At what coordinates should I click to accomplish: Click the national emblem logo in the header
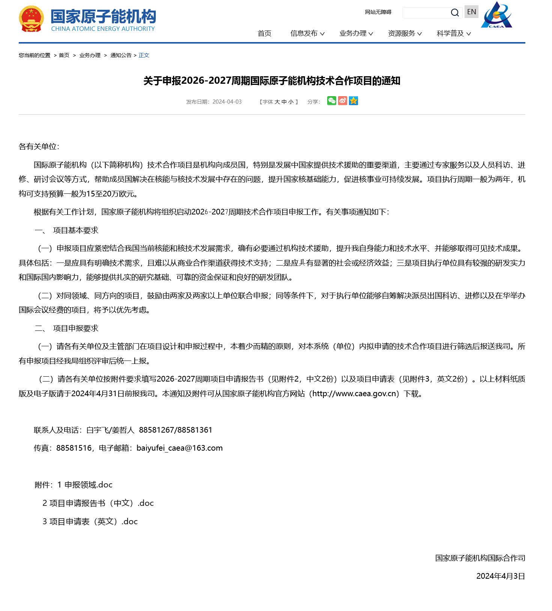point(31,19)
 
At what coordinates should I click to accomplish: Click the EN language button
point(471,12)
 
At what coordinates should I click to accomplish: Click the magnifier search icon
point(455,13)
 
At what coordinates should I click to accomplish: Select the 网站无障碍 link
point(378,12)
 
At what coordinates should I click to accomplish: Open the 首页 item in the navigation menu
point(264,33)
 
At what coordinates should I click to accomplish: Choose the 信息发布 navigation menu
point(307,33)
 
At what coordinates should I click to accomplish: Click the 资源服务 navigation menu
point(405,33)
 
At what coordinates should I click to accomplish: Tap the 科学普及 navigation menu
point(453,33)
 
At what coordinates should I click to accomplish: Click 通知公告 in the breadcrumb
point(121,55)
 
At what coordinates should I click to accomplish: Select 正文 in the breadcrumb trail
point(144,55)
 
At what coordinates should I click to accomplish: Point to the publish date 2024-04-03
point(227,102)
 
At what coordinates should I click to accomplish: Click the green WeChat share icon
point(331,101)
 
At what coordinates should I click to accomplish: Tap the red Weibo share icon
point(342,101)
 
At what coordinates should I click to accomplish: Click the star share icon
point(353,101)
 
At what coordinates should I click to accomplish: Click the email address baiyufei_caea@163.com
point(179,448)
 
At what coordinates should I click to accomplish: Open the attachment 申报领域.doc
point(88,485)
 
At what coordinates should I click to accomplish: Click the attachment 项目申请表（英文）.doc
point(93,522)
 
